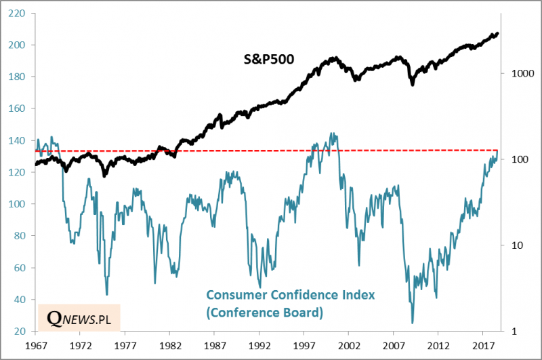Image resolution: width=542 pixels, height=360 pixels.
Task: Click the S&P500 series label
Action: (269, 59)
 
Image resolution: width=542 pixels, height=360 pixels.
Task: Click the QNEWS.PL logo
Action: (78, 318)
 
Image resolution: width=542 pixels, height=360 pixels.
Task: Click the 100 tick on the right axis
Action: (513, 159)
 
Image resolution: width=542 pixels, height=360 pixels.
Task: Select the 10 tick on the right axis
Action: (511, 245)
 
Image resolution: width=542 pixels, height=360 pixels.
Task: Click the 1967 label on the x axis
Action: (35, 345)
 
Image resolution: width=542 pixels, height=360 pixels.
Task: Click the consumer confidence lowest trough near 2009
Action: (412, 323)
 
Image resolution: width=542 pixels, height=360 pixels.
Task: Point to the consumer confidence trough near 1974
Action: (106, 294)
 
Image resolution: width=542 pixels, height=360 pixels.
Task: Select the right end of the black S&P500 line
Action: (498, 33)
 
